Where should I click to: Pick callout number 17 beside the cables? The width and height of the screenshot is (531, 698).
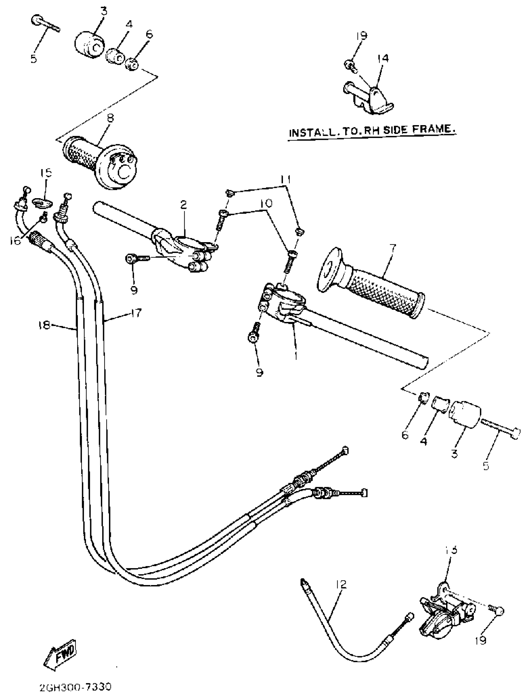point(136,313)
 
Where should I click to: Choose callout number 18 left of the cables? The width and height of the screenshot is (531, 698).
point(44,325)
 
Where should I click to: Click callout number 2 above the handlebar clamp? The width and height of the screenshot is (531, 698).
point(183,205)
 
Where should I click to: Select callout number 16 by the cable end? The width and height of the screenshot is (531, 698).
point(15,241)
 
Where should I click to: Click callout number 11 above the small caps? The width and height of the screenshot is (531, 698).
point(286,180)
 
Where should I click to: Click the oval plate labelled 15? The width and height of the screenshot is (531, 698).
point(41,203)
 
